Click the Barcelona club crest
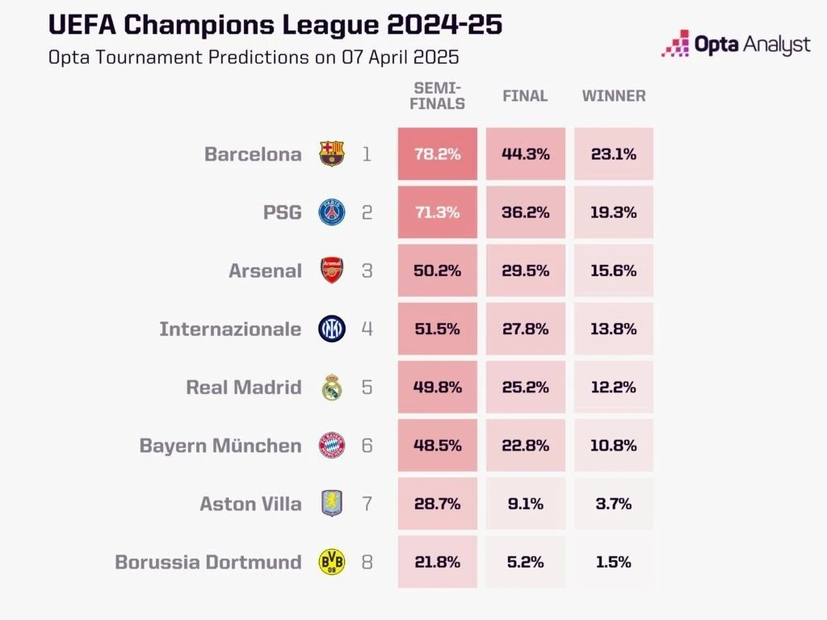point(332,153)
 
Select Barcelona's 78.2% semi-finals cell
point(437,153)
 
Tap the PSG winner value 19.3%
point(614,212)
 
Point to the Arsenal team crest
point(332,270)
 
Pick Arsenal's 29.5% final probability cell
point(525,270)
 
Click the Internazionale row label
point(230,329)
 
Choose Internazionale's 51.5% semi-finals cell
point(437,329)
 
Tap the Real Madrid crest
point(332,387)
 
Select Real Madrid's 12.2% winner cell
point(614,387)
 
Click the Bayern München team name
point(220,446)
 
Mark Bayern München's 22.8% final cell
point(525,446)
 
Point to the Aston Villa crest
point(332,504)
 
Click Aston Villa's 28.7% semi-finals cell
point(437,504)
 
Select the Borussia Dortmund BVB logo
point(332,562)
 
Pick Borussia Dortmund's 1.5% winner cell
point(614,562)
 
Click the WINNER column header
point(614,95)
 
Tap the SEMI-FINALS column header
point(439,95)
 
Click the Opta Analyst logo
point(735,44)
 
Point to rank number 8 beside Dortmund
point(367,562)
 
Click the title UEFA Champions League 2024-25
point(275,25)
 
